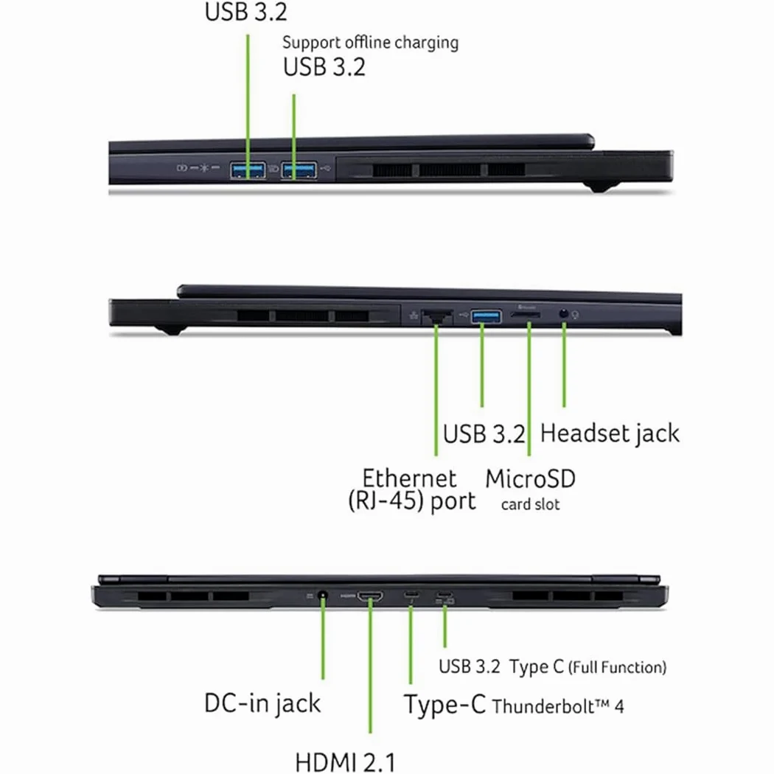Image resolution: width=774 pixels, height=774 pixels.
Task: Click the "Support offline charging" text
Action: click(370, 43)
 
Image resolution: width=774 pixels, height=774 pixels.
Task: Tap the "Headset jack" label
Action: click(610, 434)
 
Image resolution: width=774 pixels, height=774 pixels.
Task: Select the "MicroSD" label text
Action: click(530, 479)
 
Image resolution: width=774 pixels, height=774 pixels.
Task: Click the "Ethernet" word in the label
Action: click(409, 478)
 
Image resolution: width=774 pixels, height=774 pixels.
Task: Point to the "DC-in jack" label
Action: click(262, 703)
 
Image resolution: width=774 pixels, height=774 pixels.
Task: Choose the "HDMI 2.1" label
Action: click(345, 762)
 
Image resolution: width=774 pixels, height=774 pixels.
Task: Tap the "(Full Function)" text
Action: click(617, 667)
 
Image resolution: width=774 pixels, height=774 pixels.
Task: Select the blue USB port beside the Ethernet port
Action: click(487, 316)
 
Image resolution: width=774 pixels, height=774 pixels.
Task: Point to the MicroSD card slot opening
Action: click(525, 315)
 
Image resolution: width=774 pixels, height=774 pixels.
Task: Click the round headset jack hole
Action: click(564, 313)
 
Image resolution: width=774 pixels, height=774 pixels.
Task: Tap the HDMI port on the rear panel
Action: click(370, 596)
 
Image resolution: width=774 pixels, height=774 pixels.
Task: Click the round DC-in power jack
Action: click(323, 596)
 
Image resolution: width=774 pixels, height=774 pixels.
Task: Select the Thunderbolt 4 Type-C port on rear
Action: click(411, 594)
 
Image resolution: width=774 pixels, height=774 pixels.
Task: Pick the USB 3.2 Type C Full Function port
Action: click(444, 594)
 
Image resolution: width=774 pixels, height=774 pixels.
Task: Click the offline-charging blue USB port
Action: click(299, 170)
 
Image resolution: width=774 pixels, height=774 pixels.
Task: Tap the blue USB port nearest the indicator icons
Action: click(248, 170)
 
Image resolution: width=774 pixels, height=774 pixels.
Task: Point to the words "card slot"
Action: click(530, 504)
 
